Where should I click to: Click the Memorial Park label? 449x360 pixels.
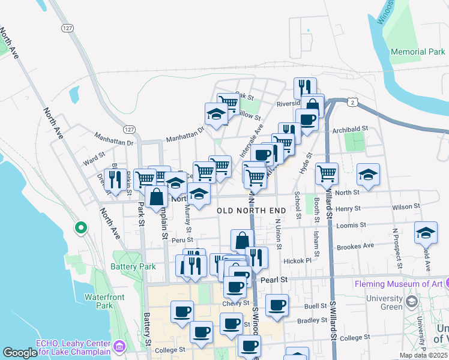coord(418,52)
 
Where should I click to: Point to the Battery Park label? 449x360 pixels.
coord(133,266)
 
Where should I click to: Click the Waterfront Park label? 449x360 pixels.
coord(99,301)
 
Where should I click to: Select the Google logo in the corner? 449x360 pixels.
coord(20,353)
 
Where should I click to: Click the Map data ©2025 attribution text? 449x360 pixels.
coord(423,355)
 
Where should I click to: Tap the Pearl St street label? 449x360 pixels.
coord(274,280)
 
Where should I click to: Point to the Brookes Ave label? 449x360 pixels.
coord(356,245)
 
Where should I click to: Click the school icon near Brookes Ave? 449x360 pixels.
coord(426,232)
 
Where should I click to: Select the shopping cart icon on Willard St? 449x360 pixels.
coord(327,174)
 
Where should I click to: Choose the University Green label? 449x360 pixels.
coord(384,302)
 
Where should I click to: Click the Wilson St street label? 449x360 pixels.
coord(406,206)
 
